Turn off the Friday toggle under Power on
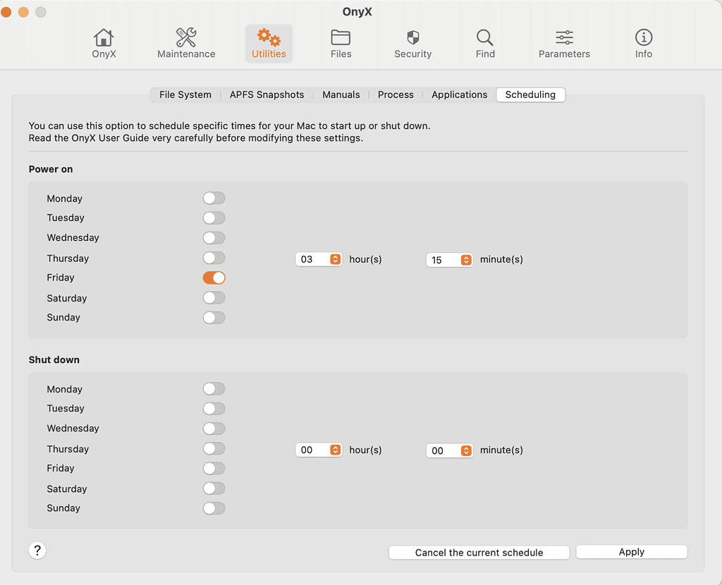[x=214, y=278]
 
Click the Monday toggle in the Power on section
[x=214, y=198]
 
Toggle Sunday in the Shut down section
[x=214, y=509]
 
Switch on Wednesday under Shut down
[x=214, y=429]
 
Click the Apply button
[x=632, y=552]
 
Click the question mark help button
[x=37, y=550]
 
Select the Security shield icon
[x=413, y=37]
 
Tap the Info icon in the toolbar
[x=644, y=37]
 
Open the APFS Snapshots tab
[x=267, y=95]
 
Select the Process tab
[x=396, y=95]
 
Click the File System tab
[x=185, y=95]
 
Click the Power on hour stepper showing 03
[x=335, y=259]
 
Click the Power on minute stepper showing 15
[x=466, y=260]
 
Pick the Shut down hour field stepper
[x=335, y=450]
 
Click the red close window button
[x=6, y=12]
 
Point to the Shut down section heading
[x=54, y=360]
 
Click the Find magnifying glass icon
[x=485, y=37]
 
